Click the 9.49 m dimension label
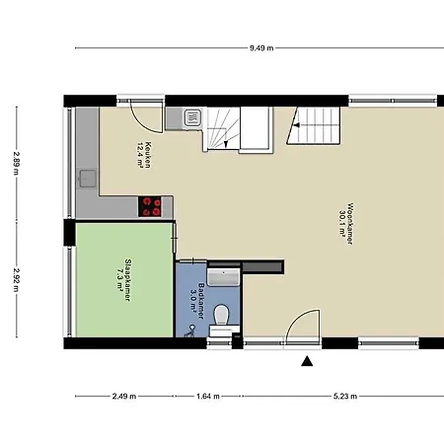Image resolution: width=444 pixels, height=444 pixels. click(261, 48)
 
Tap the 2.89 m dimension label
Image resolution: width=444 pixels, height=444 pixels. click(16, 163)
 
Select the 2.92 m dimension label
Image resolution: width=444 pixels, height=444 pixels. click(16, 279)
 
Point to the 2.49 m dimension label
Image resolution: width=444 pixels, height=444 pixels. click(124, 396)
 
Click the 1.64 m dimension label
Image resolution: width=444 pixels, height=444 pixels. click(208, 396)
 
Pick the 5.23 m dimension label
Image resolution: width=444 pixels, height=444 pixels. click(345, 396)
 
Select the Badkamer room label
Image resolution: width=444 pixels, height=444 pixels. click(201, 301)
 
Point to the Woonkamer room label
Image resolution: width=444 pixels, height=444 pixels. click(350, 224)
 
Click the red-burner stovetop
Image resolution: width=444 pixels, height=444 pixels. click(150, 206)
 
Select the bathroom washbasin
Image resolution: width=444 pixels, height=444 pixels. click(224, 277)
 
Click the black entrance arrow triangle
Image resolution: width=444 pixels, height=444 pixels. click(307, 361)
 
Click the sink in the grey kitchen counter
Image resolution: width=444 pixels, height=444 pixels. click(88, 179)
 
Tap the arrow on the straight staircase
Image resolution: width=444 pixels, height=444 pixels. click(296, 125)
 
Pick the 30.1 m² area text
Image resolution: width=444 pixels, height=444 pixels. click(342, 224)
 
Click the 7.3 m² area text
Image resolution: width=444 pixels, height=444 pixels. click(120, 280)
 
